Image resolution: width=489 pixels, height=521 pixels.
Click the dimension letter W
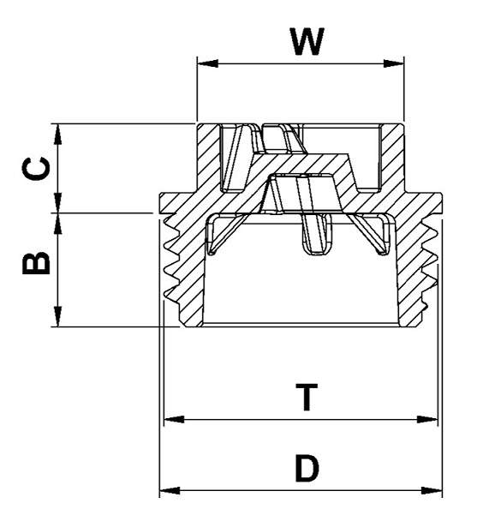[x=307, y=40]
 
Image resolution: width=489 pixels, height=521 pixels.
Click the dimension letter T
[x=306, y=398]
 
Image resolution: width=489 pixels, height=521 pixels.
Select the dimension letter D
[x=307, y=468]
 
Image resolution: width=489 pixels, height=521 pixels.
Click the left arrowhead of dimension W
[x=204, y=63]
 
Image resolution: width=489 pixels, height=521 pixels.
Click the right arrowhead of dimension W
[x=397, y=63]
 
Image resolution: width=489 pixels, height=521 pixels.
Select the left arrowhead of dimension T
[x=170, y=420]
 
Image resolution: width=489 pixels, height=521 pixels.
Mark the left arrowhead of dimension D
[x=166, y=491]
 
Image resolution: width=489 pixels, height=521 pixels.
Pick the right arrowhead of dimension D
[x=436, y=491]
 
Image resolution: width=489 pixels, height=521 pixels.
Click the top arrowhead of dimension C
[x=57, y=131]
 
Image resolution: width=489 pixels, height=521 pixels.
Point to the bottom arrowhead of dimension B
[x=57, y=320]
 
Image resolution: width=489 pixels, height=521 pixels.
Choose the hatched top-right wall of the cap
[x=392, y=154]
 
